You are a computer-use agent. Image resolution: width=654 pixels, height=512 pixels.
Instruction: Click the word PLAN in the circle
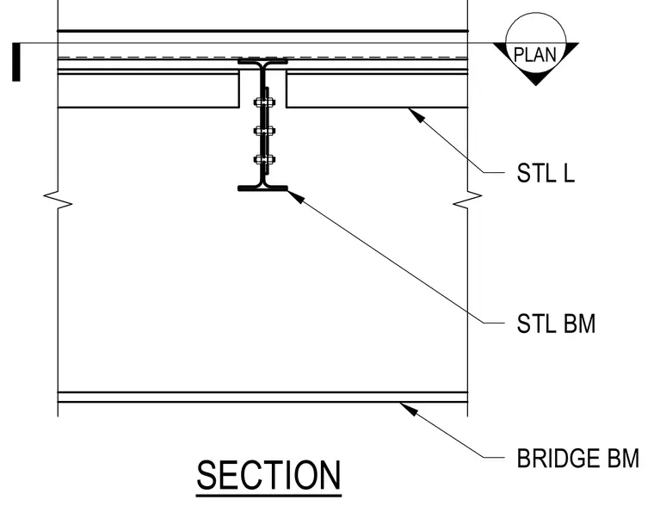click(x=535, y=54)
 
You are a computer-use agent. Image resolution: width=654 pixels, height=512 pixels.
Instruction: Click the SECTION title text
click(x=268, y=475)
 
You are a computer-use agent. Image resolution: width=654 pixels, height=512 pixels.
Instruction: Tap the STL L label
click(x=546, y=173)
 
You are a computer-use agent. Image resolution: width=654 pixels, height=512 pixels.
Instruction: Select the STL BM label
click(x=556, y=324)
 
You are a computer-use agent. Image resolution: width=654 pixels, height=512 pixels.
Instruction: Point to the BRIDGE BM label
click(x=577, y=458)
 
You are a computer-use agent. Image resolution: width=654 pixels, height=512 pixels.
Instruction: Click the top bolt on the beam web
click(x=264, y=102)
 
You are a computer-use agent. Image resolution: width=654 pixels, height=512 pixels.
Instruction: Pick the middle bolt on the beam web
click(x=264, y=132)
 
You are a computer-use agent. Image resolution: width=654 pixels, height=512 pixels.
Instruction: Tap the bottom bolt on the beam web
click(x=264, y=160)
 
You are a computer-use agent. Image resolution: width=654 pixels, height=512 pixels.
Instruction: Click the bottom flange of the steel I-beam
click(x=262, y=188)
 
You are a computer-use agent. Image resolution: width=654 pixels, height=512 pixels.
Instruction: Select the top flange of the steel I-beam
click(x=262, y=62)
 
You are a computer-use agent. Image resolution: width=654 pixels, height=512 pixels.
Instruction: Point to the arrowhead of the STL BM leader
click(x=296, y=196)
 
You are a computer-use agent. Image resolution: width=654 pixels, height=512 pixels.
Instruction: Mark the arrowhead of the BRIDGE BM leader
click(x=409, y=409)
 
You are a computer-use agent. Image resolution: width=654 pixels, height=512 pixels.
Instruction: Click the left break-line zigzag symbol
click(x=58, y=200)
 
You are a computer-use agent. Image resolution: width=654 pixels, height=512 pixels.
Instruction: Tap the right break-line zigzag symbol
click(x=467, y=200)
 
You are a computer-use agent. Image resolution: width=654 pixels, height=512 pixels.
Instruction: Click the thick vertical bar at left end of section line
click(x=16, y=62)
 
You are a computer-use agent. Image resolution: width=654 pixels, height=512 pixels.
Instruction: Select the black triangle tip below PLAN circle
click(x=536, y=84)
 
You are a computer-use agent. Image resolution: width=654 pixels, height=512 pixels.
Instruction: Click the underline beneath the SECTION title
click(x=268, y=496)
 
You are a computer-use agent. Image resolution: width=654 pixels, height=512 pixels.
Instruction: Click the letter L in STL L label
click(x=570, y=173)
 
